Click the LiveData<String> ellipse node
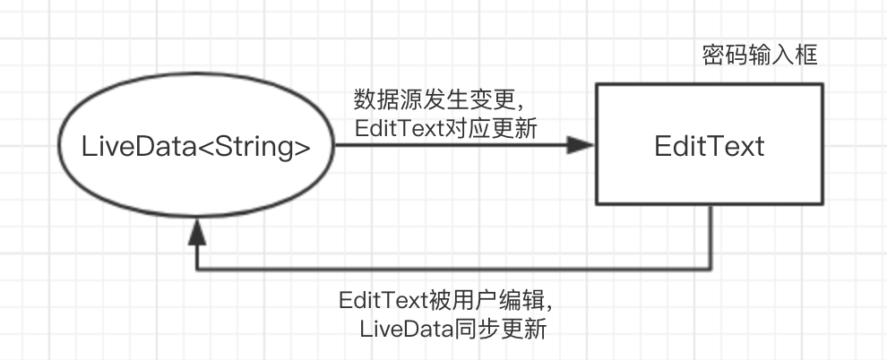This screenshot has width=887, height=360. (196, 145)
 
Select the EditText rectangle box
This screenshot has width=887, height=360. (710, 144)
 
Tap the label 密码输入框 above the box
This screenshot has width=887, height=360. (760, 56)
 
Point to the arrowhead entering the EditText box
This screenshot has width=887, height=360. (581, 145)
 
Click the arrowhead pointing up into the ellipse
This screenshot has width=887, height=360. (196, 232)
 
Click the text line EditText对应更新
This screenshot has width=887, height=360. (446, 129)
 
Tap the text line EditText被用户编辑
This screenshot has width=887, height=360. (446, 299)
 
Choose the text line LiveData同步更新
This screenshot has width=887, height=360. (453, 329)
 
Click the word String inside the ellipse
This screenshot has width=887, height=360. (253, 147)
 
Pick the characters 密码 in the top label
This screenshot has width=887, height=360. (725, 56)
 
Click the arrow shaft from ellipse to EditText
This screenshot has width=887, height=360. (452, 145)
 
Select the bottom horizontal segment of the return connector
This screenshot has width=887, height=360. (453, 269)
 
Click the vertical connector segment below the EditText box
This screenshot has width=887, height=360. (710, 236)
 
